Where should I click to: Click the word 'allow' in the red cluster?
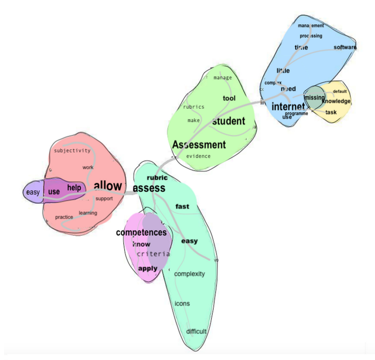coord(108,185)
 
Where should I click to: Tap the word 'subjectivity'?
coord(72,150)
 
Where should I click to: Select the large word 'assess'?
coord(149,189)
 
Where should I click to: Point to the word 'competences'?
coord(141,233)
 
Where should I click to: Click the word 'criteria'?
coord(153,254)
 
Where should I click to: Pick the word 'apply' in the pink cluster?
coord(148,268)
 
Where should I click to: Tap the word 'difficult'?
coord(196,332)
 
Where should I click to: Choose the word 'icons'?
coord(182,304)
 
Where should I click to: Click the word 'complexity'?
coord(190,274)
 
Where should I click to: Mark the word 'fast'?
coord(182,206)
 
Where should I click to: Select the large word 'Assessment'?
coord(199,145)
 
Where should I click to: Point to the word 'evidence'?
coord(198,156)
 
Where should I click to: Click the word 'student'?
coord(228,121)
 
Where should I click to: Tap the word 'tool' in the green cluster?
coord(229,98)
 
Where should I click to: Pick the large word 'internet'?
coord(288,107)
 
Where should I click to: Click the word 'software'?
coord(345,48)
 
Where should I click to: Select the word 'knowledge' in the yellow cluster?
coord(336,102)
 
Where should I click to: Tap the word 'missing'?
coord(314,98)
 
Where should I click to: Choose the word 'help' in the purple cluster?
coord(74,188)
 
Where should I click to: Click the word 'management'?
coord(310,25)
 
